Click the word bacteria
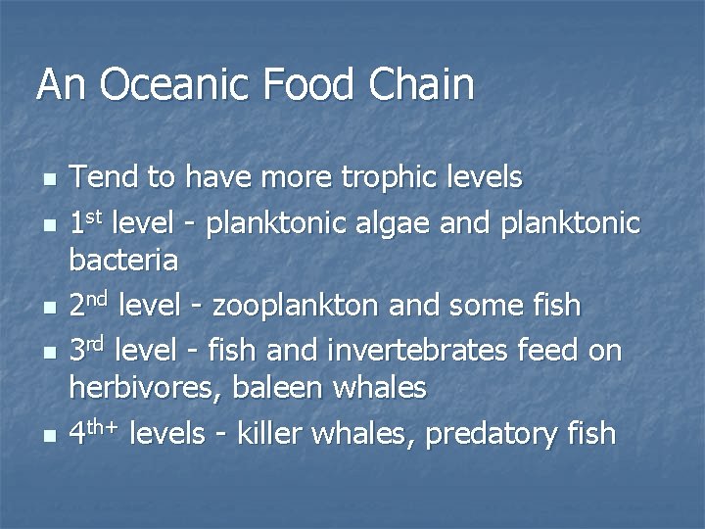tap(123, 261)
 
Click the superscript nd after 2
tap(98, 298)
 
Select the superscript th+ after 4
tap(104, 425)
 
